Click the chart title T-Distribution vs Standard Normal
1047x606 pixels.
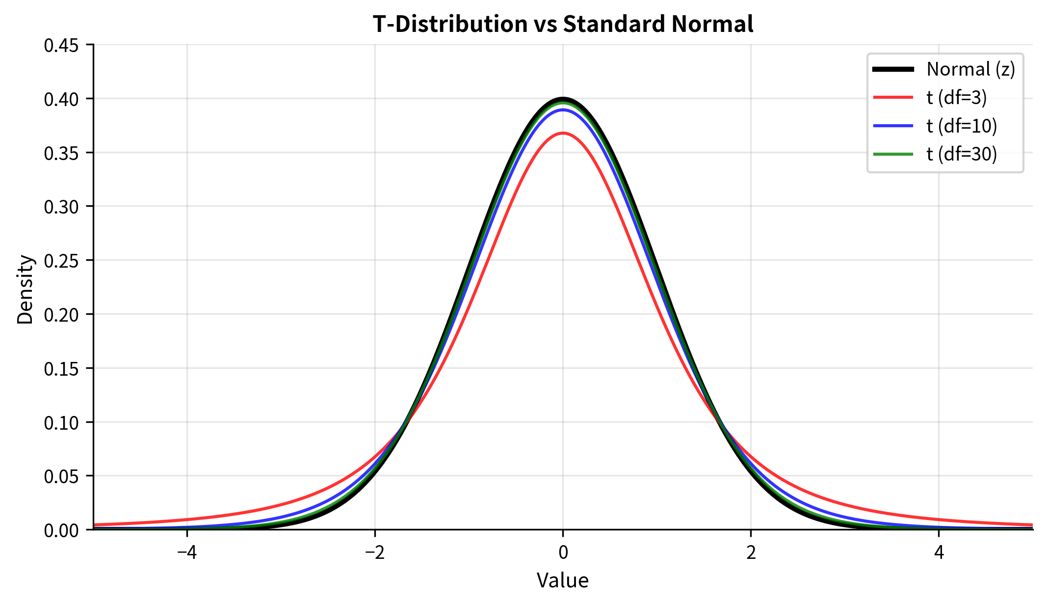562,24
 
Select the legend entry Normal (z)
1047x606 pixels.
970,69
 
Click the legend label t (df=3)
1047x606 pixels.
956,98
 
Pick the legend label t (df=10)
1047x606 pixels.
962,126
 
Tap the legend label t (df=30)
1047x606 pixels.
962,154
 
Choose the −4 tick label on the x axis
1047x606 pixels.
187,553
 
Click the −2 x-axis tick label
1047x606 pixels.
375,553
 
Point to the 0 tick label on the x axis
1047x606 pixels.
563,553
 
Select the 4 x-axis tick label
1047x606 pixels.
939,553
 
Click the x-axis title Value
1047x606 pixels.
562,580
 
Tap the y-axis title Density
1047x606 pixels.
25,289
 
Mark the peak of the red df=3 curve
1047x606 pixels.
563,133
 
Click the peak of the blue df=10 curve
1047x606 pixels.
563,110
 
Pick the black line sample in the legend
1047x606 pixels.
893,69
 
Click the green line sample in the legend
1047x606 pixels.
893,154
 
